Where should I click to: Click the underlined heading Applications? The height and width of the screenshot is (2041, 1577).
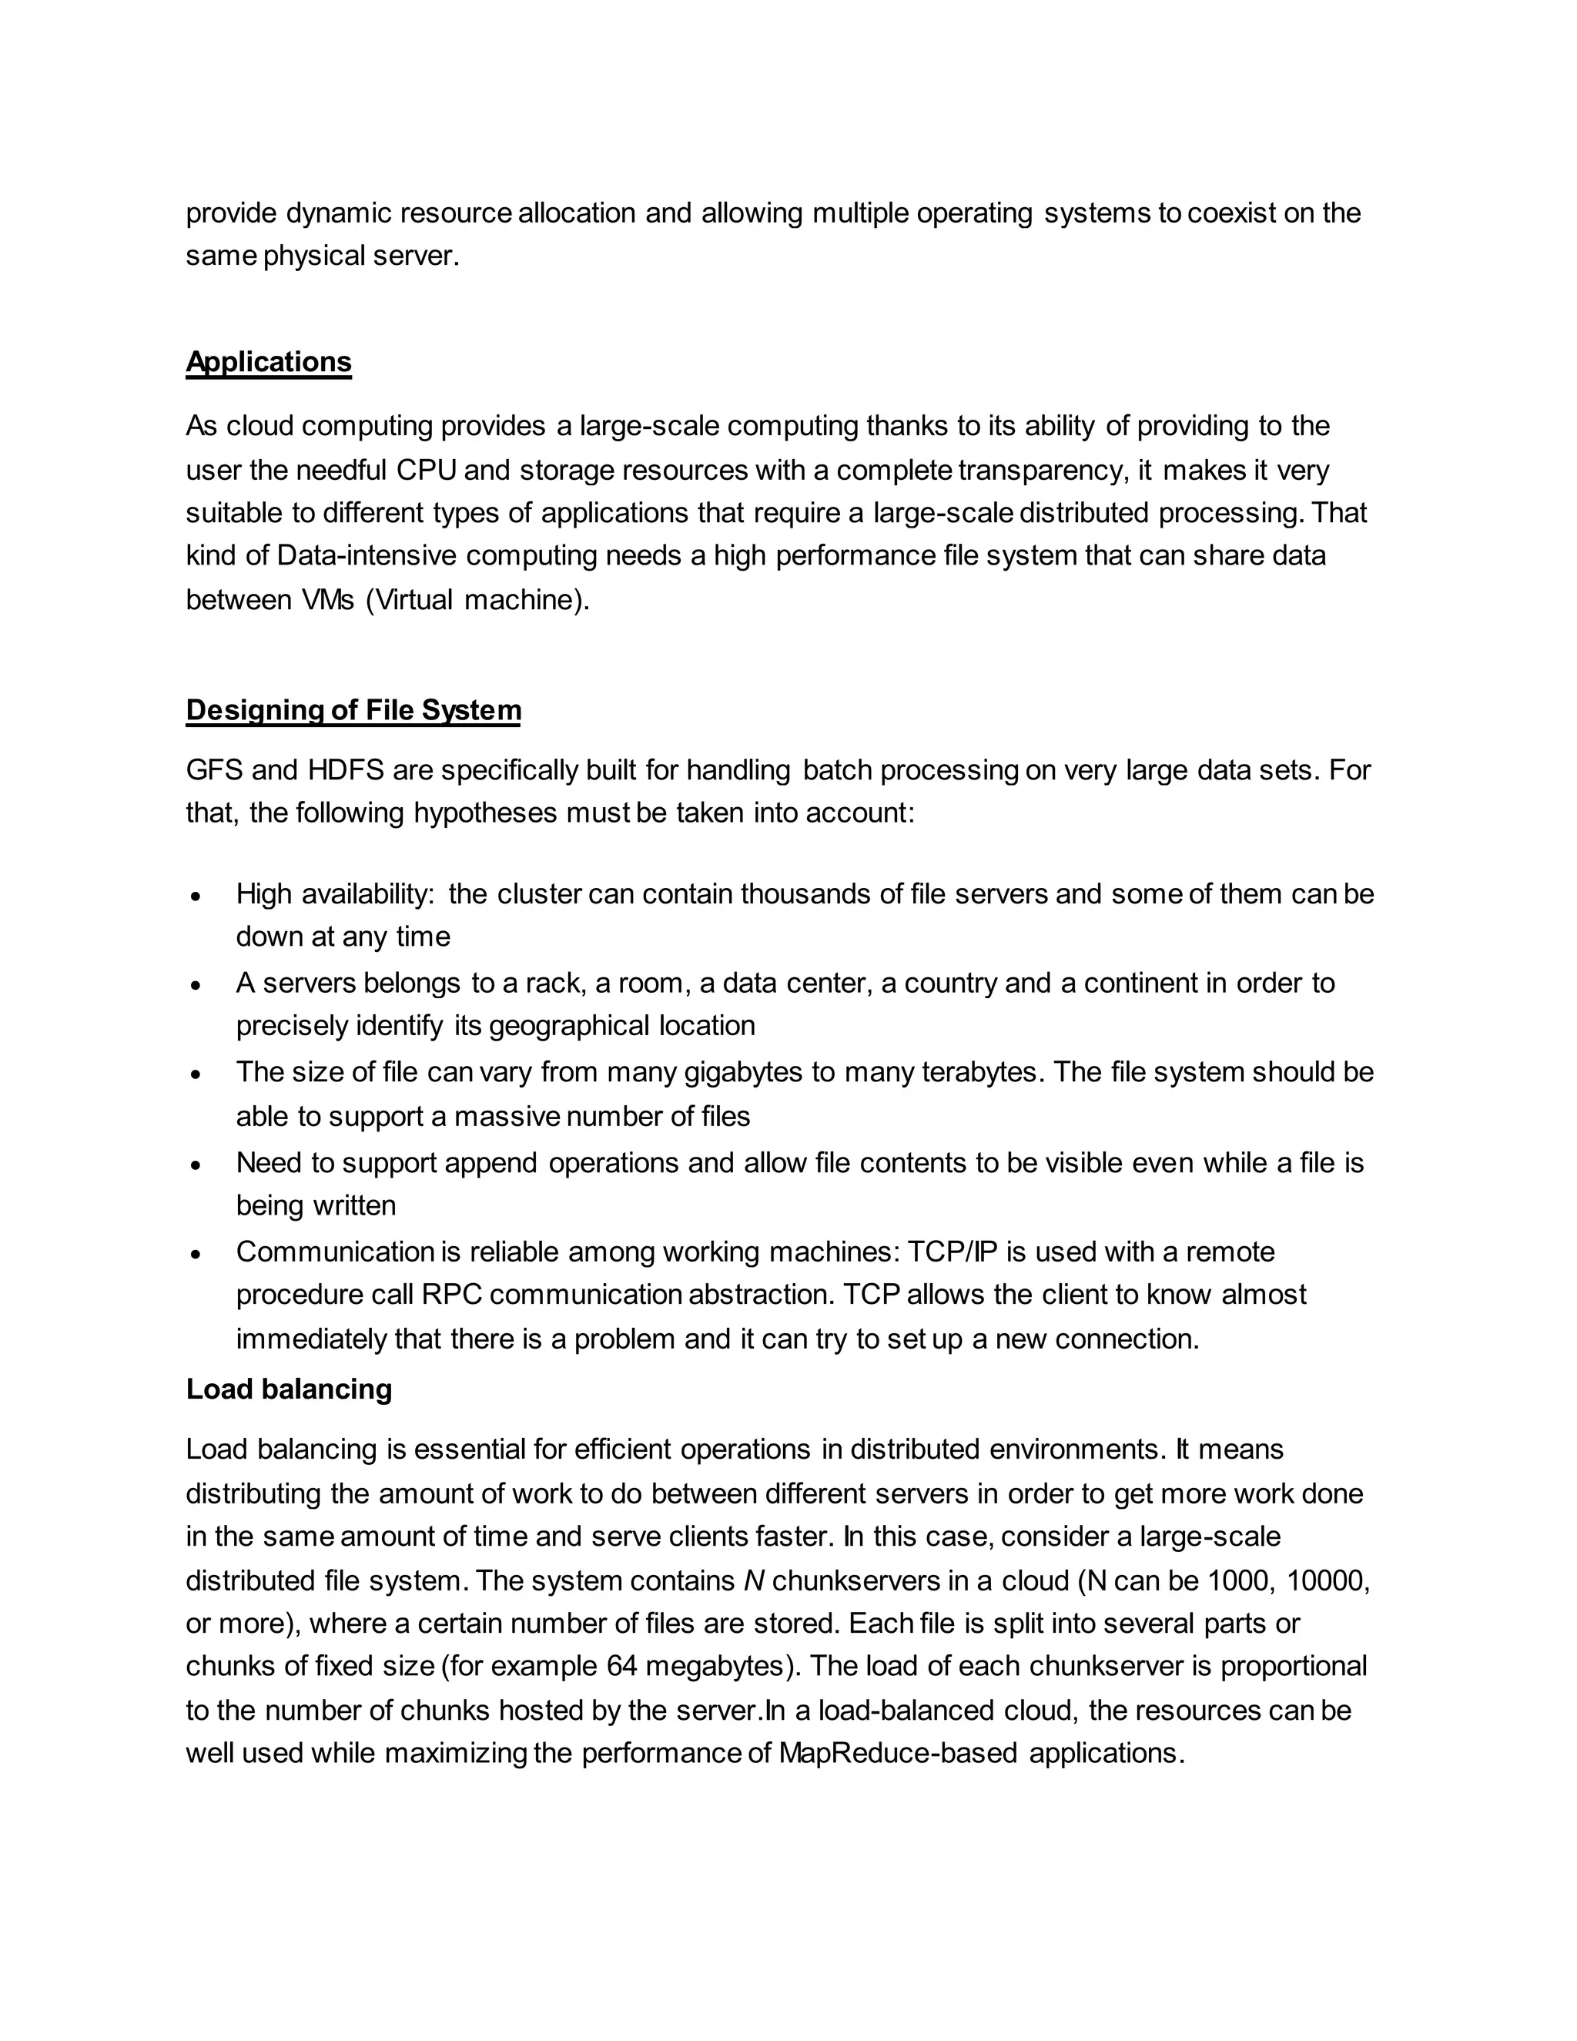[268, 362]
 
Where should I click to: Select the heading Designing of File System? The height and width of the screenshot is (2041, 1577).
[353, 710]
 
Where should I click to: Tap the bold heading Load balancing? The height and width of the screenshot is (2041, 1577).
[289, 1389]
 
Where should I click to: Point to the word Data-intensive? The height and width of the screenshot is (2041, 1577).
[367, 556]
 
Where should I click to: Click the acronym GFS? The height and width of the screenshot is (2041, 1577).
[214, 771]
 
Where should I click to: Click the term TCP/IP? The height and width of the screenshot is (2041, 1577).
[966, 1252]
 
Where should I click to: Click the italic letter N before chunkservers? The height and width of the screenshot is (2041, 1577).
[754, 1581]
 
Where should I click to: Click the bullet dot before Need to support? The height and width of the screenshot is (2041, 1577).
[196, 1165]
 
